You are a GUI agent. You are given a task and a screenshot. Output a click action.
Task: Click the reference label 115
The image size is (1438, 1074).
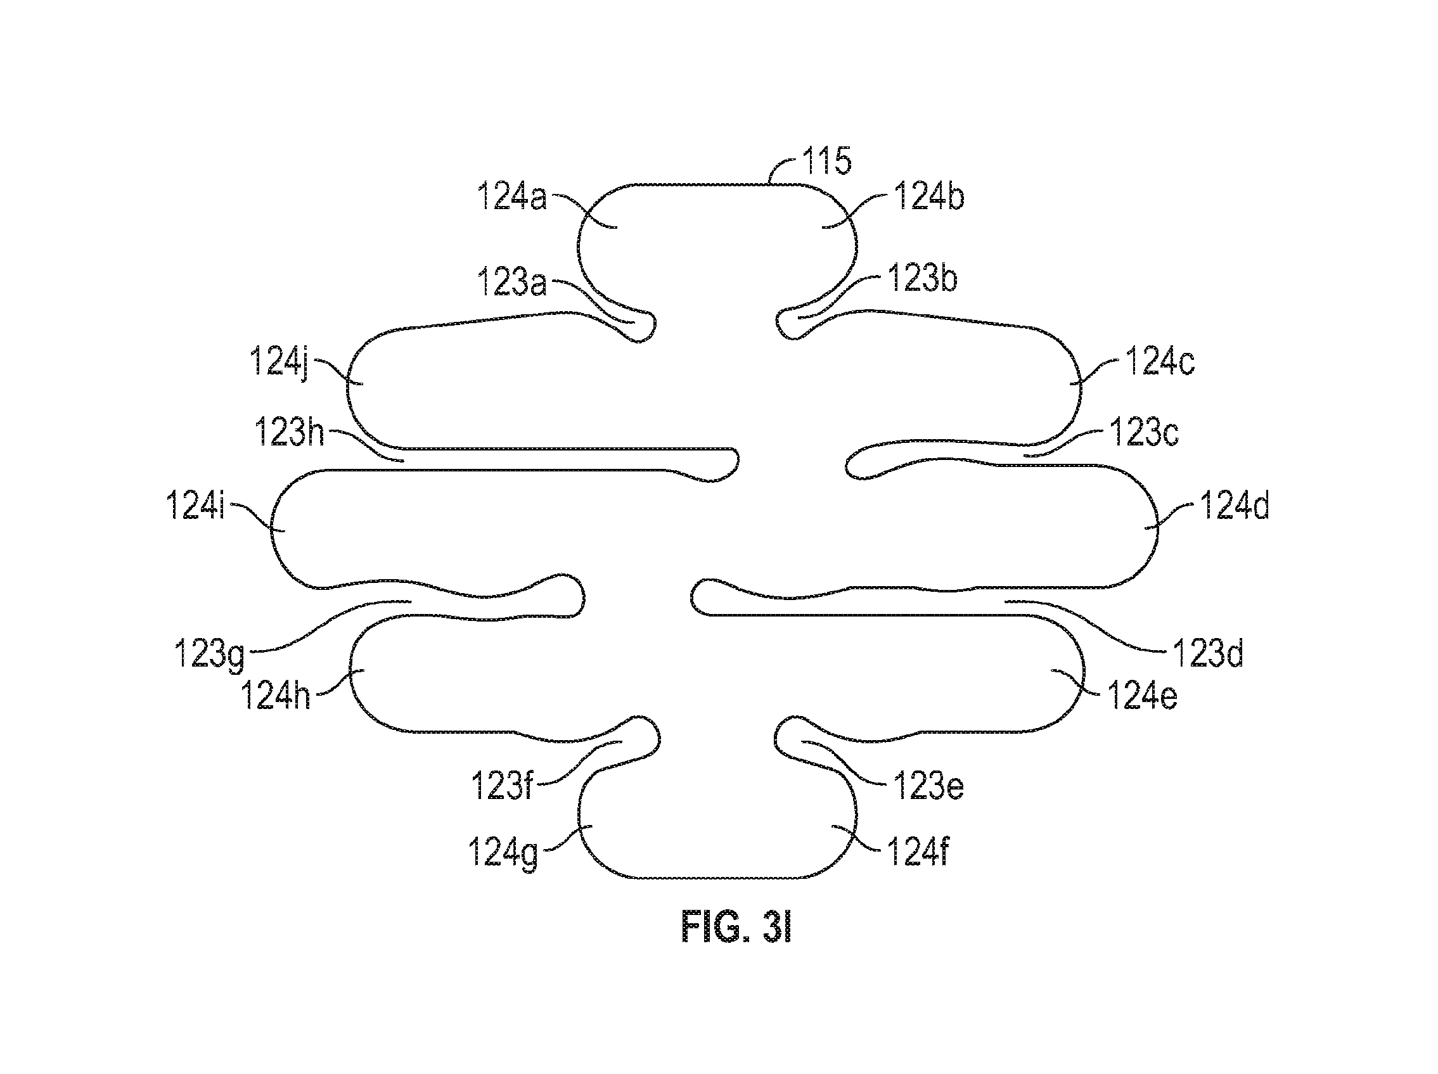point(827,160)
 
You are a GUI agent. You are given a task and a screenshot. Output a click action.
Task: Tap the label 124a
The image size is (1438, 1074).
point(512,196)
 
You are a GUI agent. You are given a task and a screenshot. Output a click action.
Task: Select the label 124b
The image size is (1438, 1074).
point(929,196)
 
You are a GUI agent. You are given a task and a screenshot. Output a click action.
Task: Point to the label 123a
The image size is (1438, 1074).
point(511,282)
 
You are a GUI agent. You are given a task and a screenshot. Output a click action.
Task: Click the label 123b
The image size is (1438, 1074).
point(923,279)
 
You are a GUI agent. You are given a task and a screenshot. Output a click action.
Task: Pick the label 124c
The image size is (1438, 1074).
point(1160,361)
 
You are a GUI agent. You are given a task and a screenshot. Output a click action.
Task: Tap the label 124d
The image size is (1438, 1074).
point(1234,506)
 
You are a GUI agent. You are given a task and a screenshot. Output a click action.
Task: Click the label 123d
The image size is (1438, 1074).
point(1208,653)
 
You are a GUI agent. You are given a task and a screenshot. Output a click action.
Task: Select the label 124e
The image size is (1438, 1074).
point(1142,696)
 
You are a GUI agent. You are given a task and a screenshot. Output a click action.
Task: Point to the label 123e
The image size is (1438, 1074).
point(928,786)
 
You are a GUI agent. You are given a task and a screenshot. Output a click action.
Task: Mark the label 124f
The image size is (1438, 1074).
point(918,851)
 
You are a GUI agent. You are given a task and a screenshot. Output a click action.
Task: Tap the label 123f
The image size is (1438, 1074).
point(502,786)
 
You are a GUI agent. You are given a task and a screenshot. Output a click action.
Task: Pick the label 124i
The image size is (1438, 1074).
point(195,505)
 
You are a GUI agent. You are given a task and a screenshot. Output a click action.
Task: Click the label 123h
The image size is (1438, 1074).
point(289,432)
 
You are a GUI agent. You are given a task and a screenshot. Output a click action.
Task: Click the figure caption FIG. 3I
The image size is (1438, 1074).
point(736,927)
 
